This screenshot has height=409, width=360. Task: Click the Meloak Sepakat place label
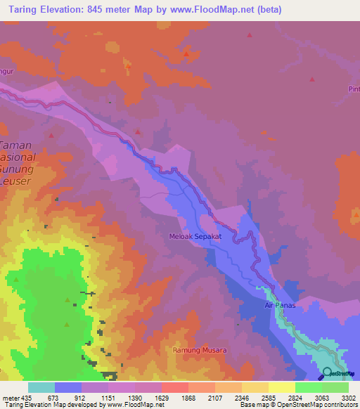click(195, 237)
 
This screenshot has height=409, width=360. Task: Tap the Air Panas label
click(279, 305)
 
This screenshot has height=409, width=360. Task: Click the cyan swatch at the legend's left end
click(41, 387)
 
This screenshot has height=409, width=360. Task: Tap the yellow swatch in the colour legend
click(282, 387)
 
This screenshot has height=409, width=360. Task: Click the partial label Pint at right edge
click(353, 89)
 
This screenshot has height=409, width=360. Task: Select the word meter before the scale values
click(11, 398)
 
